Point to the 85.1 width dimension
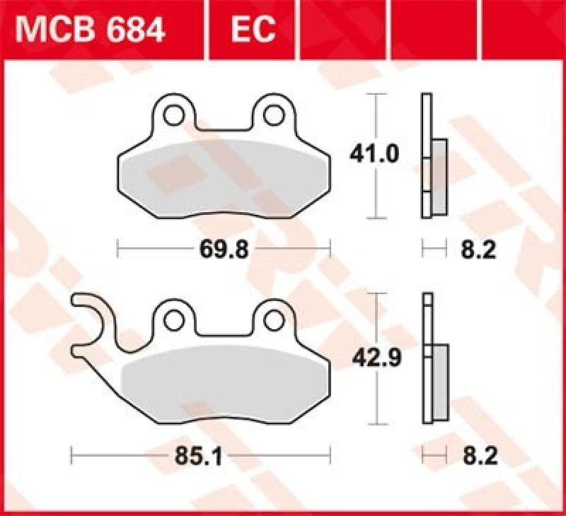click(201, 455)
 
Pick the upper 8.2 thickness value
click(478, 250)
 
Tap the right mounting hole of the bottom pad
click(272, 320)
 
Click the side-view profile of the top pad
click(427, 156)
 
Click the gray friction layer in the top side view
click(439, 177)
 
